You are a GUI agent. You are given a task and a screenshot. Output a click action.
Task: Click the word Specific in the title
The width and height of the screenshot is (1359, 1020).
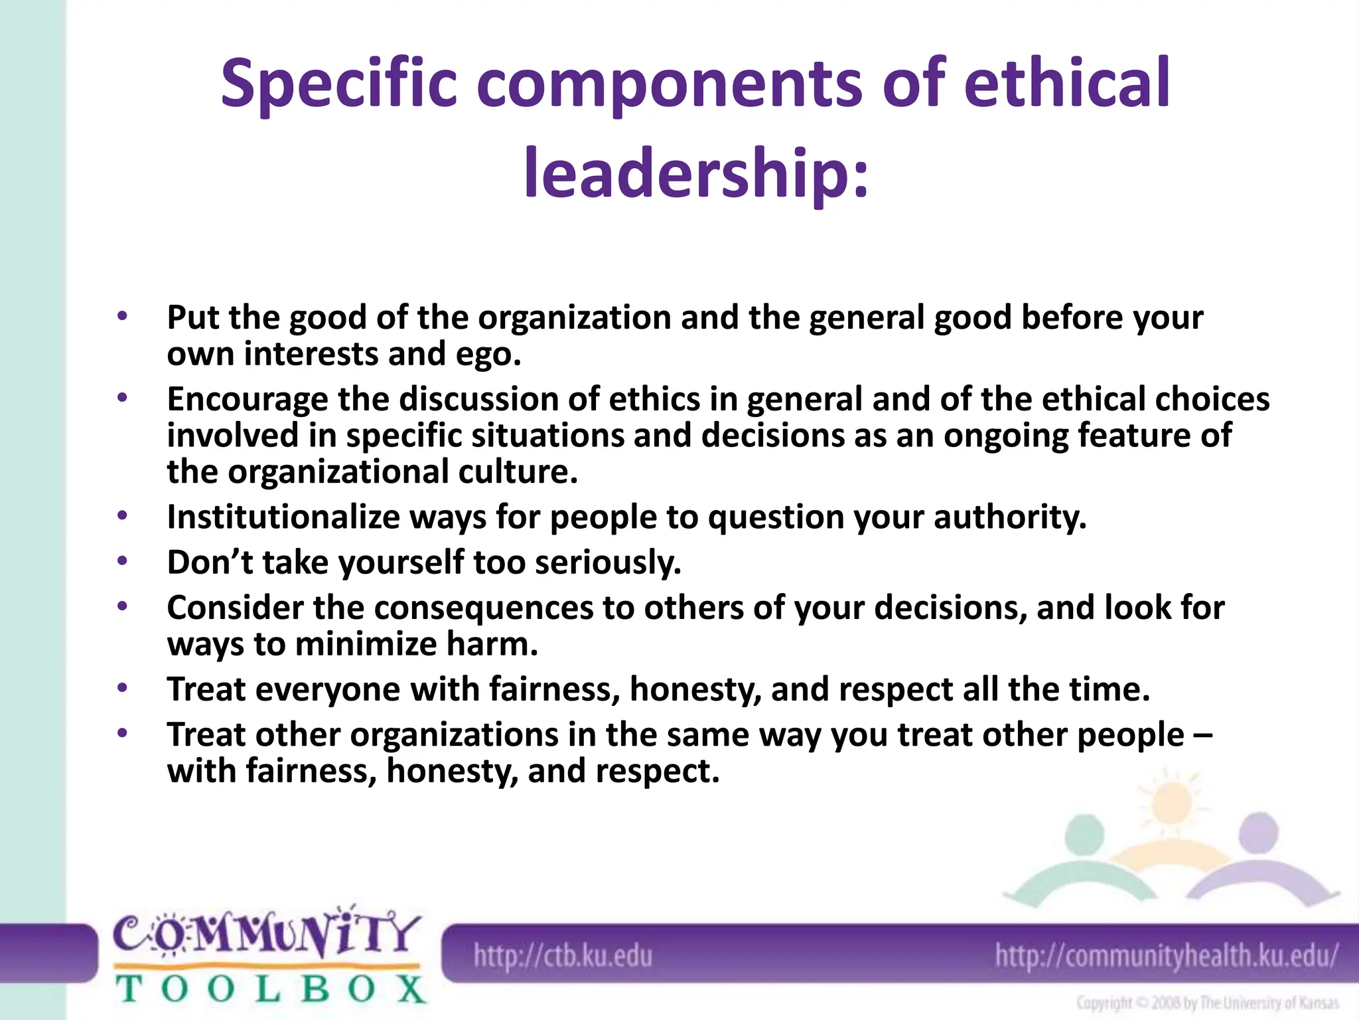pos(339,84)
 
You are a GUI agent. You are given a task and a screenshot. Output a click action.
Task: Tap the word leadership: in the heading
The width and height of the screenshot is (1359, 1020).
pos(695,174)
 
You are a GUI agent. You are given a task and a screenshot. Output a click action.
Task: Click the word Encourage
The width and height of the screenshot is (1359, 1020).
pos(247,400)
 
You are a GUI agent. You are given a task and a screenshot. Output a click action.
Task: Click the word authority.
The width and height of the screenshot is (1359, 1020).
pos(1010,517)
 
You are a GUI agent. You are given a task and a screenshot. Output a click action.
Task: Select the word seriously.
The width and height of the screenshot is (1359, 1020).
pos(608,562)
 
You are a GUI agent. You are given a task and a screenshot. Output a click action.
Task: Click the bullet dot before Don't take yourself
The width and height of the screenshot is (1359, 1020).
pos(121,562)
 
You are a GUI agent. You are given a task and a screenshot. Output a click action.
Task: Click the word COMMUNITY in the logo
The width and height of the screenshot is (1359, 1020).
pos(265,935)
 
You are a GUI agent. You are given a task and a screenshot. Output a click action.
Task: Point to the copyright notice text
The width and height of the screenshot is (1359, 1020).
pos(1207,1003)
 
